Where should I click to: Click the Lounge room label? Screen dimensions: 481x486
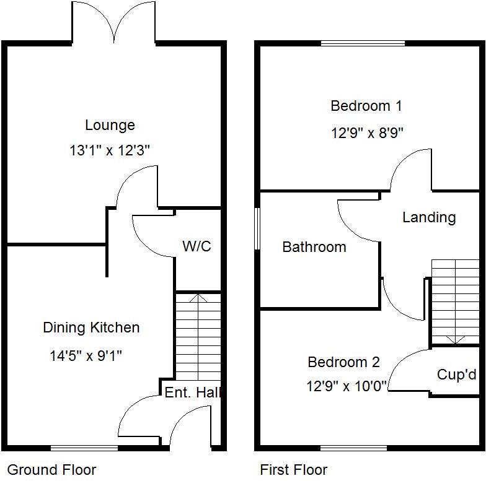coord(110,126)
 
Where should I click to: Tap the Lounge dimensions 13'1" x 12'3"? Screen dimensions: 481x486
coord(110,150)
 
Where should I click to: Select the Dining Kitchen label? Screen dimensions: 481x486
coord(91,328)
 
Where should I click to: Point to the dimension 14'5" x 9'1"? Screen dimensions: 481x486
coord(86,356)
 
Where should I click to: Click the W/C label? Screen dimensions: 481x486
coord(197,246)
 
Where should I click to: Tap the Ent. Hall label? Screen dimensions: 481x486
coord(192,392)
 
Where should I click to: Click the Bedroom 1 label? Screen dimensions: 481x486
coord(366,106)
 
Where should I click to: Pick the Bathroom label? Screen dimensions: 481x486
coord(314,247)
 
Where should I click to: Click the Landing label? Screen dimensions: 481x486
coord(429,217)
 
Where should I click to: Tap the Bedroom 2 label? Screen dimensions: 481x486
coord(344,362)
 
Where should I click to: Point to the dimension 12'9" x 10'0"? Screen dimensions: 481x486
coord(347,386)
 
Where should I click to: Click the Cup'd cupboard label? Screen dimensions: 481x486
coord(457,375)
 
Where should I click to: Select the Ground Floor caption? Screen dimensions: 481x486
coord(51,470)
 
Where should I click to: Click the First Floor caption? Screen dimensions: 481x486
coord(293,470)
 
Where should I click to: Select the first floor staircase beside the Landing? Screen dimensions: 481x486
coord(455,301)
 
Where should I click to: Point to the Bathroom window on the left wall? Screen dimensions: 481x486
coord(257,229)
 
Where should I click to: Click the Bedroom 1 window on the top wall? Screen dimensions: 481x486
coord(363,43)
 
